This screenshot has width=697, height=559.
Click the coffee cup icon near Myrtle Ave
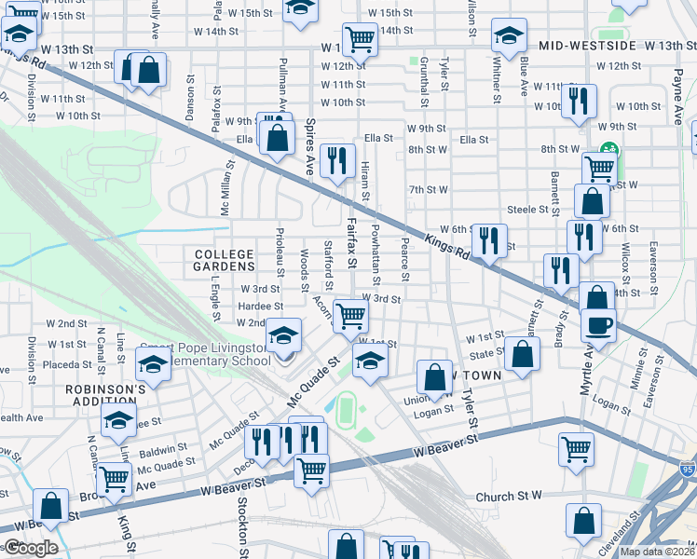point(597,325)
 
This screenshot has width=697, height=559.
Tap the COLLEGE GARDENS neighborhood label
point(224,260)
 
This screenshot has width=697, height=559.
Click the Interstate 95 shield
point(688,472)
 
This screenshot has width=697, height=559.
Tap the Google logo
point(30,548)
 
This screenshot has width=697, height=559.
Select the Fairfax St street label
point(351,243)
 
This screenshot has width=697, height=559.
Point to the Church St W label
point(508,498)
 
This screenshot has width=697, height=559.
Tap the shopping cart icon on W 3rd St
point(350,316)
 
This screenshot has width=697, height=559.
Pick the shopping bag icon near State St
point(524,354)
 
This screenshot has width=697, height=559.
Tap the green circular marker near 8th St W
point(610,149)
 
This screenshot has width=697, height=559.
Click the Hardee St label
point(261,306)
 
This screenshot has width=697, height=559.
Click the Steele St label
point(527,210)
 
